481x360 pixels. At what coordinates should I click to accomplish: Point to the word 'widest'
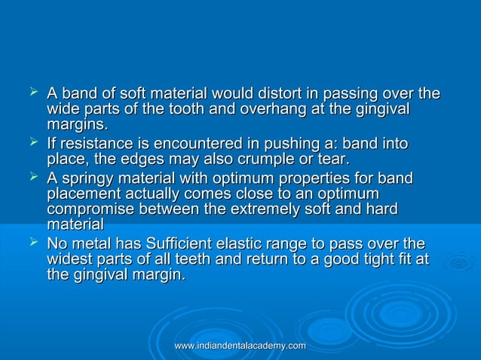tap(69, 259)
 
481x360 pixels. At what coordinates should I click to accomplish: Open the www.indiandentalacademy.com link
tap(239, 345)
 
